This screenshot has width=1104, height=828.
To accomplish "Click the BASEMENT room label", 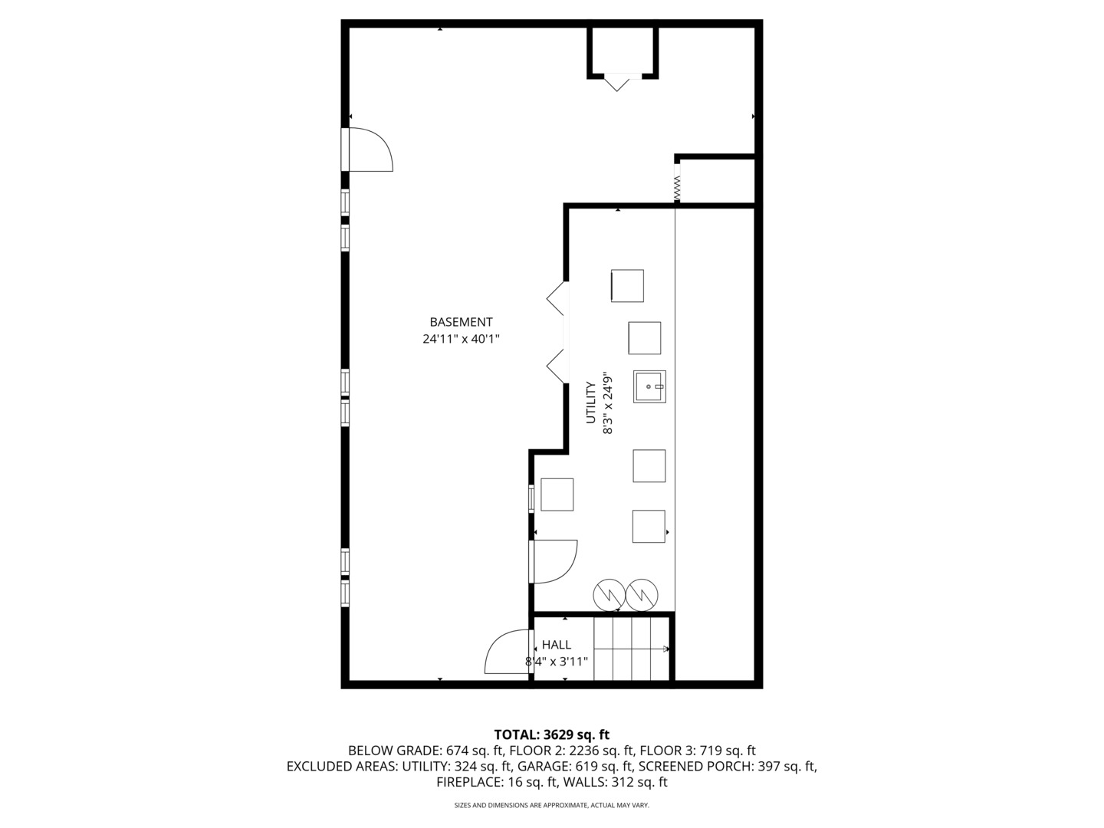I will (461, 322).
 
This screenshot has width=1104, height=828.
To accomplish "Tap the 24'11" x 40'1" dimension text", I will (461, 339).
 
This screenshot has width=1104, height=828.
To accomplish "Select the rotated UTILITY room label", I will (591, 402).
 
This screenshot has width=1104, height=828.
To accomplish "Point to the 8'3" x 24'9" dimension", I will (608, 403).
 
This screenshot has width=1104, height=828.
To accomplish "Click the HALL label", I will (556, 645).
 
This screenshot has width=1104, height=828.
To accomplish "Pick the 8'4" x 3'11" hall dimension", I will (557, 662).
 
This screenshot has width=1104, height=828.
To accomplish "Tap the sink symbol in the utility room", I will (649, 386).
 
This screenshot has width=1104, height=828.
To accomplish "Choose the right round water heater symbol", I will (642, 593).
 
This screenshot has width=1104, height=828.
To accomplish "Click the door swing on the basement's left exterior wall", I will (370, 150).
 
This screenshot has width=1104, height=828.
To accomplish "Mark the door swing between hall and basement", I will (508, 653).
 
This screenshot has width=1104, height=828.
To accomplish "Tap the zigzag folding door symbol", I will (677, 189).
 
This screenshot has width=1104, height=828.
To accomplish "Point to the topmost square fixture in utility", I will (627, 286).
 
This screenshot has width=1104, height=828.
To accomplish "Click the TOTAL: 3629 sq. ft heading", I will (551, 734).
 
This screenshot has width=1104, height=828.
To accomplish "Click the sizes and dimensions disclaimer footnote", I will (551, 805).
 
